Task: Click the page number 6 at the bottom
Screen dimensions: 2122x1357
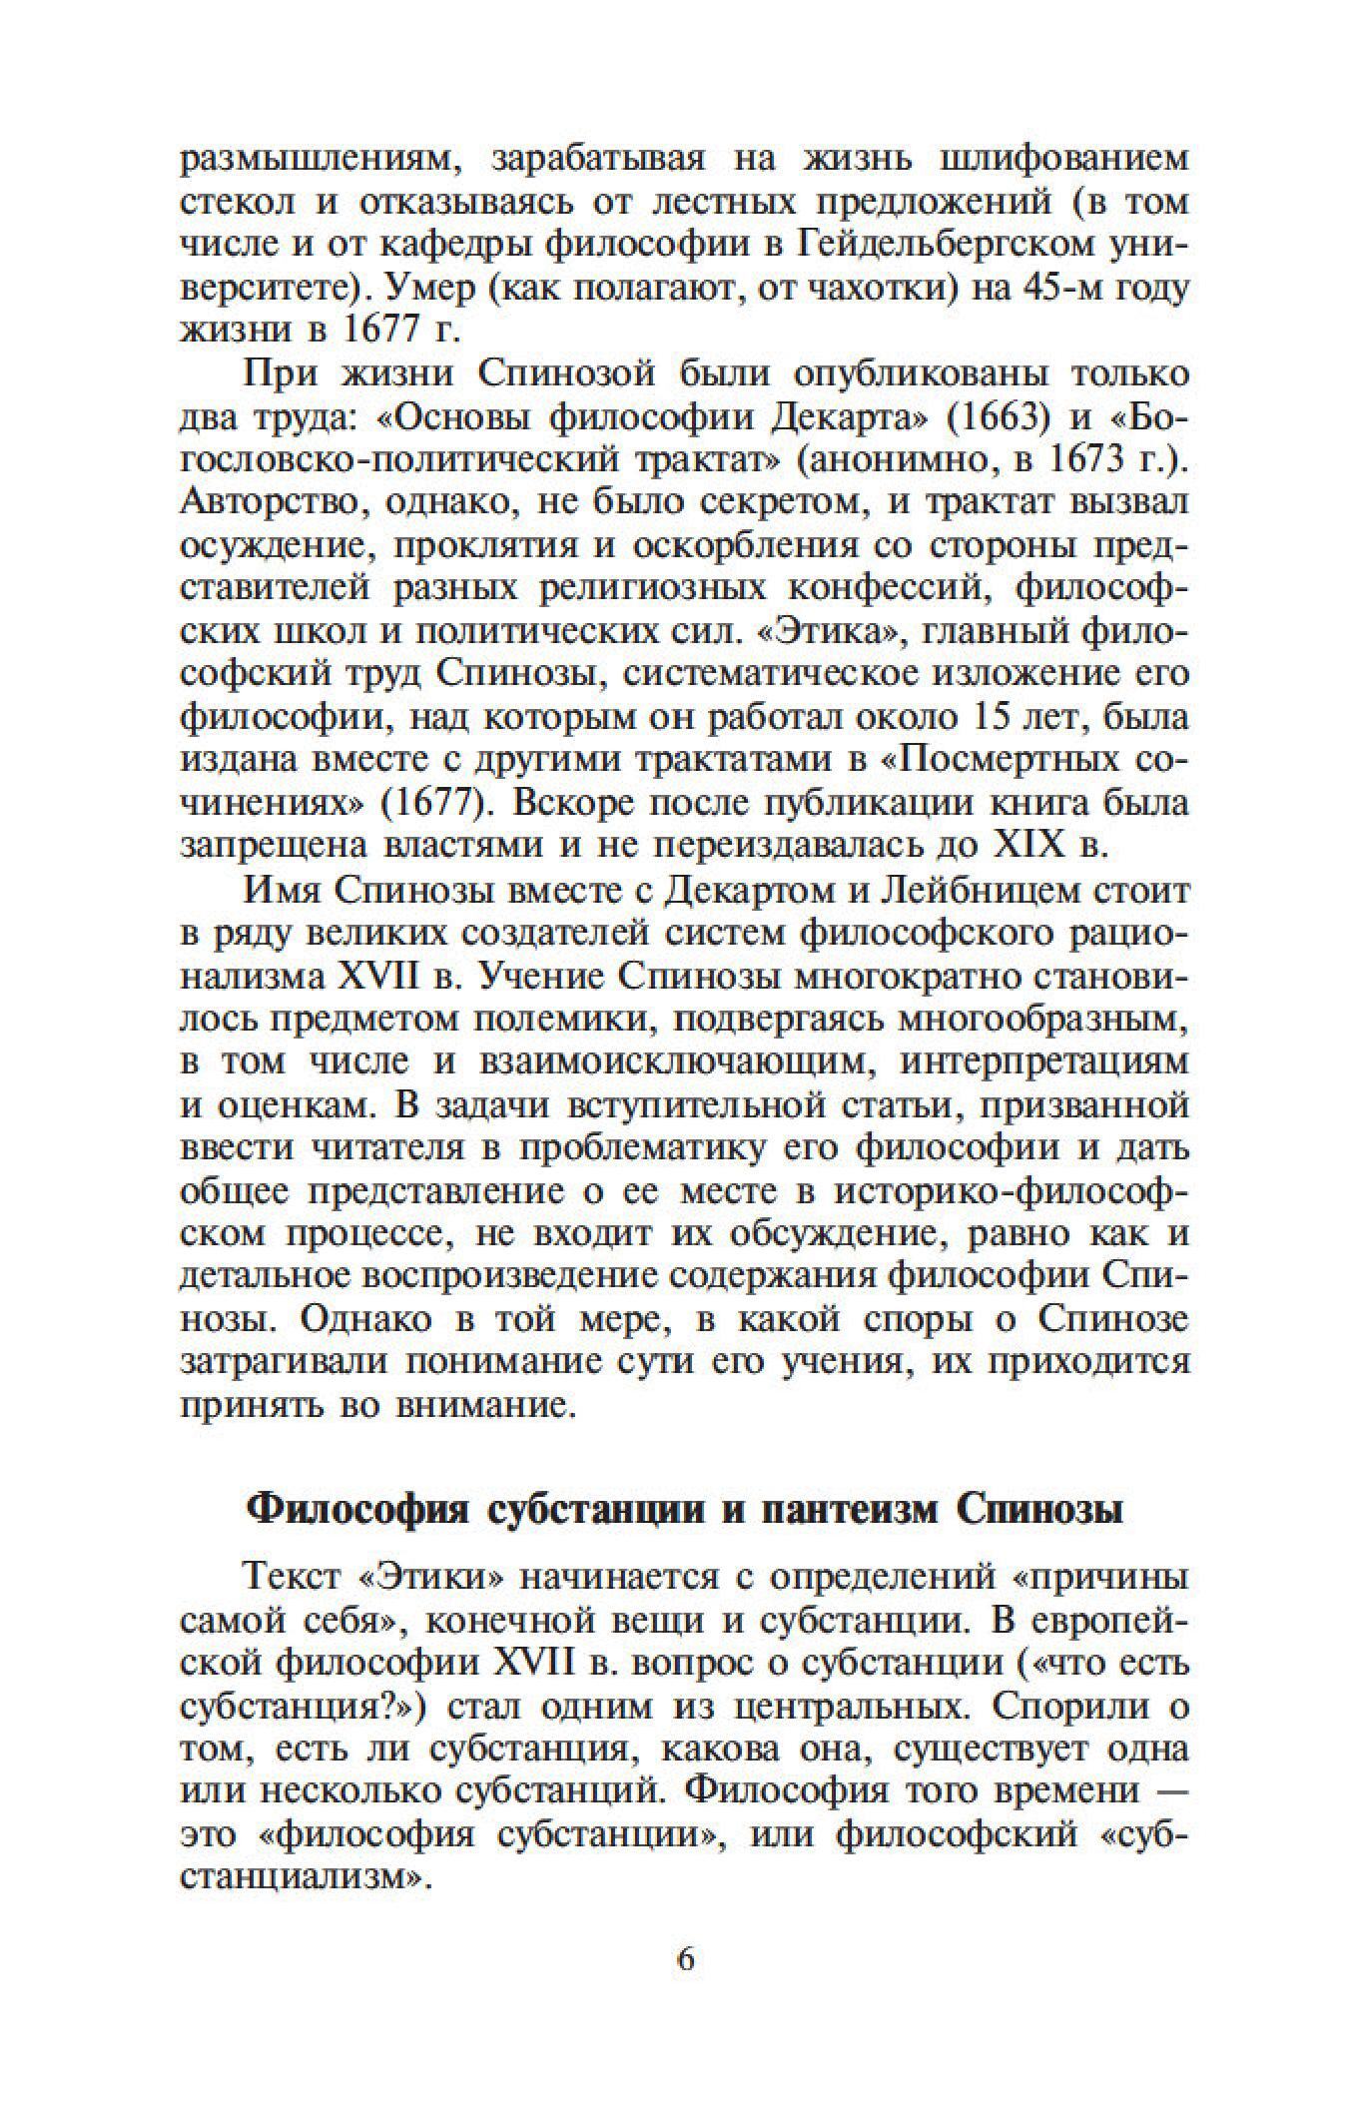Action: coord(685,1959)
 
